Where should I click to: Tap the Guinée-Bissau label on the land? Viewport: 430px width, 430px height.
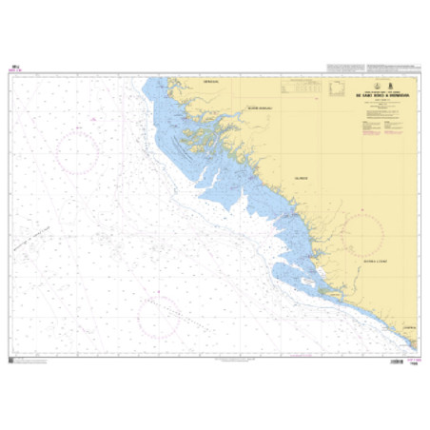259,107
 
